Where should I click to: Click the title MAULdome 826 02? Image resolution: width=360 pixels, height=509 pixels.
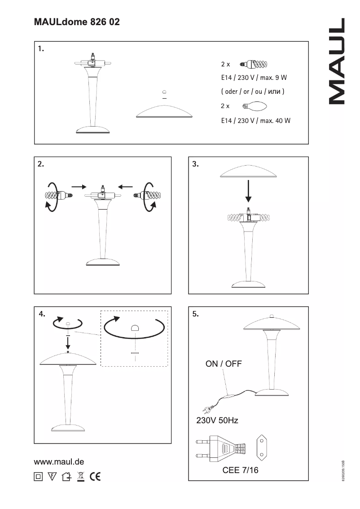click(77, 22)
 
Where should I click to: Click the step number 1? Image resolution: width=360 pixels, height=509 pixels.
click(41, 49)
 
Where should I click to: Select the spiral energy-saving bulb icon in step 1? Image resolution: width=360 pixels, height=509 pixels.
click(254, 64)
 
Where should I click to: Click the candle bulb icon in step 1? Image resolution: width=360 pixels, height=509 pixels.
click(255, 106)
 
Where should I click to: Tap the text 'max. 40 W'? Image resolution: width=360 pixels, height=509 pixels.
click(275, 120)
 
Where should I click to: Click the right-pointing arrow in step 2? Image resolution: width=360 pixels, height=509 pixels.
click(79, 186)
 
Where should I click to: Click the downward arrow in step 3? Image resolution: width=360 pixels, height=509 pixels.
click(248, 193)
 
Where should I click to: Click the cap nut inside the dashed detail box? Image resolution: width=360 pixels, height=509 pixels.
click(134, 328)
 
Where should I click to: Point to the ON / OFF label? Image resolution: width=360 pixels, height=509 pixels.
click(224, 364)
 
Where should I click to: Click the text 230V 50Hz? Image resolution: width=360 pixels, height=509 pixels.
click(217, 421)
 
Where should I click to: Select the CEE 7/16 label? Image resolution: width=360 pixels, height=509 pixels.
click(240, 471)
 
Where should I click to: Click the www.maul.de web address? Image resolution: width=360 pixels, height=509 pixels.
click(59, 461)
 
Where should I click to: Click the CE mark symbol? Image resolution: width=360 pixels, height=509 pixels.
click(95, 476)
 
